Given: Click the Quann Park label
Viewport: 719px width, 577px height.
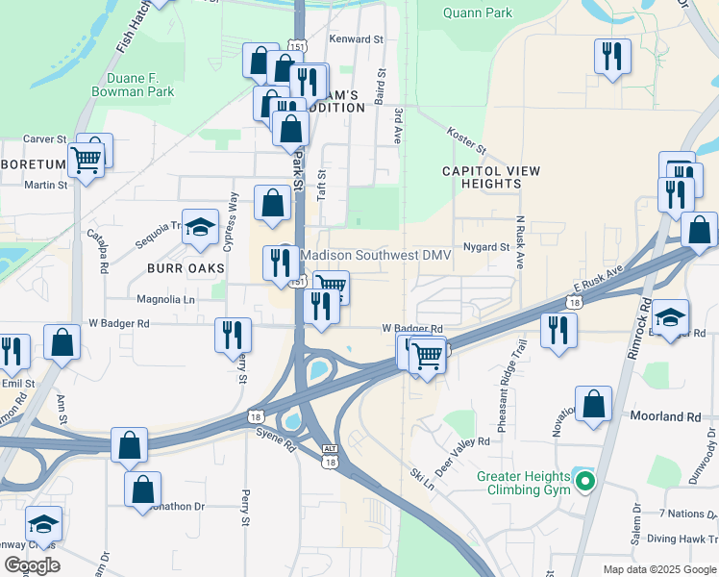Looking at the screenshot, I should [478, 13].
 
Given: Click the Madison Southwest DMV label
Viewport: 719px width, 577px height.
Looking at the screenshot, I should [376, 254].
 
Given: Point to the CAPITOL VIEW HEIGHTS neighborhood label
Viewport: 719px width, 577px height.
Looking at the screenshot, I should [491, 177].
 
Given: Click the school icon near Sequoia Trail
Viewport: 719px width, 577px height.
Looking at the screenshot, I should [200, 228].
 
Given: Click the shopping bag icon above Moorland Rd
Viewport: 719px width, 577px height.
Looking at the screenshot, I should [594, 405].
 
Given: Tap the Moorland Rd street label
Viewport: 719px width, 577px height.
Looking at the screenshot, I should [665, 417].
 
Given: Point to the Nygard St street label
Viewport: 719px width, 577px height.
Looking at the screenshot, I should [486, 247].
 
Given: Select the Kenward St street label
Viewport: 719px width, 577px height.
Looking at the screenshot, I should [356, 39].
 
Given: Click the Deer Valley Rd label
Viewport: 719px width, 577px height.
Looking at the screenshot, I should [462, 450].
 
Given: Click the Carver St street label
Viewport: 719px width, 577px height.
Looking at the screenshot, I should [44, 139].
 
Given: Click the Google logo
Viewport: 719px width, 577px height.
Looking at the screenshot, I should [32, 565].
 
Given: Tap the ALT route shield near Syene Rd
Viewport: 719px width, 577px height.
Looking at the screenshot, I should [330, 448].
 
